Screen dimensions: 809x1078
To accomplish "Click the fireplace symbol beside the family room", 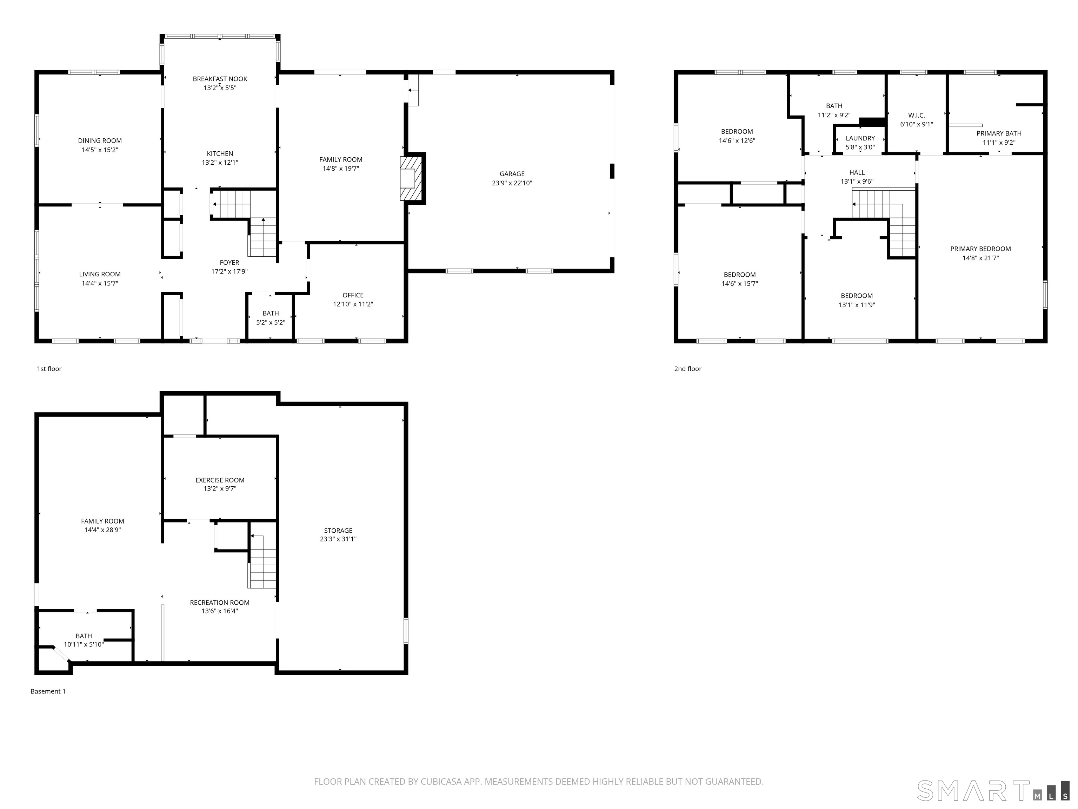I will [x=410, y=178].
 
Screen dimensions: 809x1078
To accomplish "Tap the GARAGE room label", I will [x=512, y=173].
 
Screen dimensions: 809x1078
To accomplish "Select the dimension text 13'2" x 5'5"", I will [x=220, y=88].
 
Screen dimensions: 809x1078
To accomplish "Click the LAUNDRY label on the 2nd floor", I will [x=860, y=138].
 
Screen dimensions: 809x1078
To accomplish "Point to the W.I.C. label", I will [x=916, y=115].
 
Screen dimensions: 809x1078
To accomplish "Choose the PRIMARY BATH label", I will [x=999, y=133].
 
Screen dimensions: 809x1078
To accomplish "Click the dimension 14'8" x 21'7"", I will [x=980, y=258].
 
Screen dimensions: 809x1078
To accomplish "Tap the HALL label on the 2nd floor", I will [x=857, y=172].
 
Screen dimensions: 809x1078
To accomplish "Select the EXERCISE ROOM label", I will [x=220, y=480].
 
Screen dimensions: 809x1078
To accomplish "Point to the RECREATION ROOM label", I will [x=219, y=602].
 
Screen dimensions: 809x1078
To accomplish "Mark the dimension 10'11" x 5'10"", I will [x=83, y=644].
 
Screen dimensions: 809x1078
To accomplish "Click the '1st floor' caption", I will [x=49, y=369].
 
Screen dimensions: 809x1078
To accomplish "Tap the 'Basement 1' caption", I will [x=48, y=691].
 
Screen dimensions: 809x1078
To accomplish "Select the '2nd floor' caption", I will [x=688, y=369].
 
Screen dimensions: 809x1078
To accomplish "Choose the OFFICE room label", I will [x=353, y=295].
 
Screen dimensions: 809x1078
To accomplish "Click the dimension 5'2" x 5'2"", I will [x=271, y=322].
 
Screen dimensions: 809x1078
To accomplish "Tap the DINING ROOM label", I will [x=99, y=140].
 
